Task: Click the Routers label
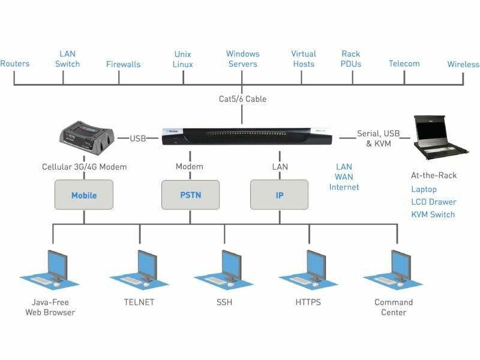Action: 15,64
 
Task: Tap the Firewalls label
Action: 123,64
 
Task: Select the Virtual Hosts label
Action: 304,59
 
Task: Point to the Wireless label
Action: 463,64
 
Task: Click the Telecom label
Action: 404,64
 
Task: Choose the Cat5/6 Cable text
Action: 242,98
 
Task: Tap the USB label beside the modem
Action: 138,139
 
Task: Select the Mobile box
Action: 84,195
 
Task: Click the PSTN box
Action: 191,195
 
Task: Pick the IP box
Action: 280,195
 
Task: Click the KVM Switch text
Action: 433,214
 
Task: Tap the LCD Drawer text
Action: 433,202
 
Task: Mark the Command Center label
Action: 394,307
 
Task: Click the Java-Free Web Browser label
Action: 50,307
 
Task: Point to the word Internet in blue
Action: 344,187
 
